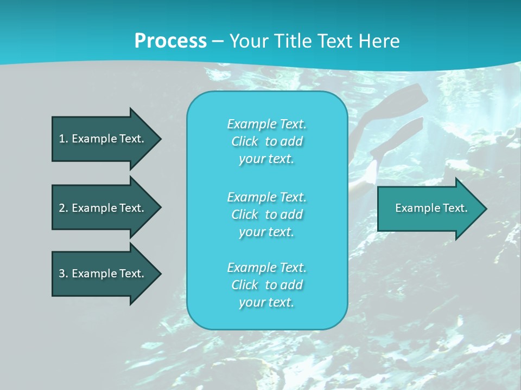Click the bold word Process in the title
(170, 41)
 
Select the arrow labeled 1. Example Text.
(103, 139)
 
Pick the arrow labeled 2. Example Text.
(103, 208)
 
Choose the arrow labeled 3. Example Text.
(103, 274)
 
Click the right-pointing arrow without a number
(429, 208)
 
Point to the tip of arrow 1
(160, 139)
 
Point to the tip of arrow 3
(160, 274)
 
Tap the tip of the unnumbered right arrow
(485, 208)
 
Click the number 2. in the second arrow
(63, 208)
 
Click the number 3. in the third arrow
(63, 274)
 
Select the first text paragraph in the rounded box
(266, 141)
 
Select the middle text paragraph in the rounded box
(266, 214)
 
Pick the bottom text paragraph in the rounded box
(266, 285)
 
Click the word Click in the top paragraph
(245, 141)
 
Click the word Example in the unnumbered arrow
(415, 208)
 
